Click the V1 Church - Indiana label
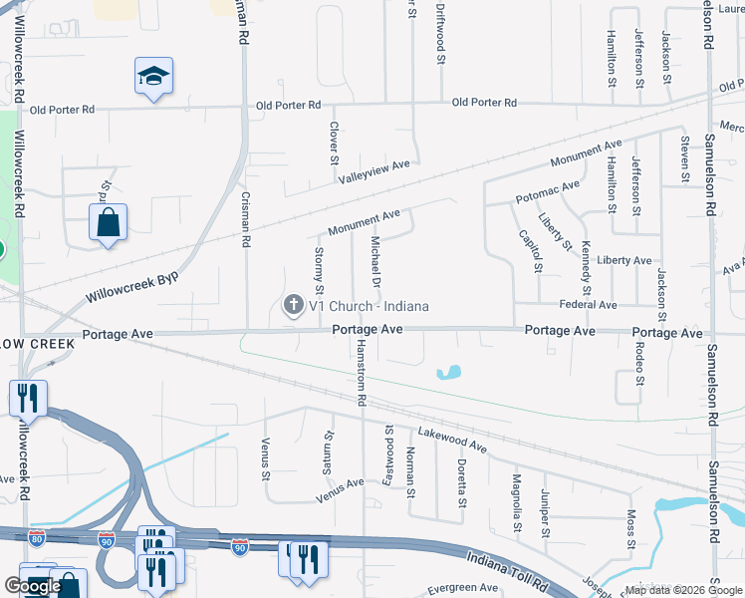(369, 306)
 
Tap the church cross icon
(293, 305)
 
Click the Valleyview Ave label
(373, 171)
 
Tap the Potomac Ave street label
(547, 191)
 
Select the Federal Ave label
(588, 304)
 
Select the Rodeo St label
(639, 365)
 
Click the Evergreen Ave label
(463, 588)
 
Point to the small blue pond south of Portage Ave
(449, 373)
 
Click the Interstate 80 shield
(37, 539)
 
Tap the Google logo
(33, 586)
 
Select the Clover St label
(335, 144)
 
